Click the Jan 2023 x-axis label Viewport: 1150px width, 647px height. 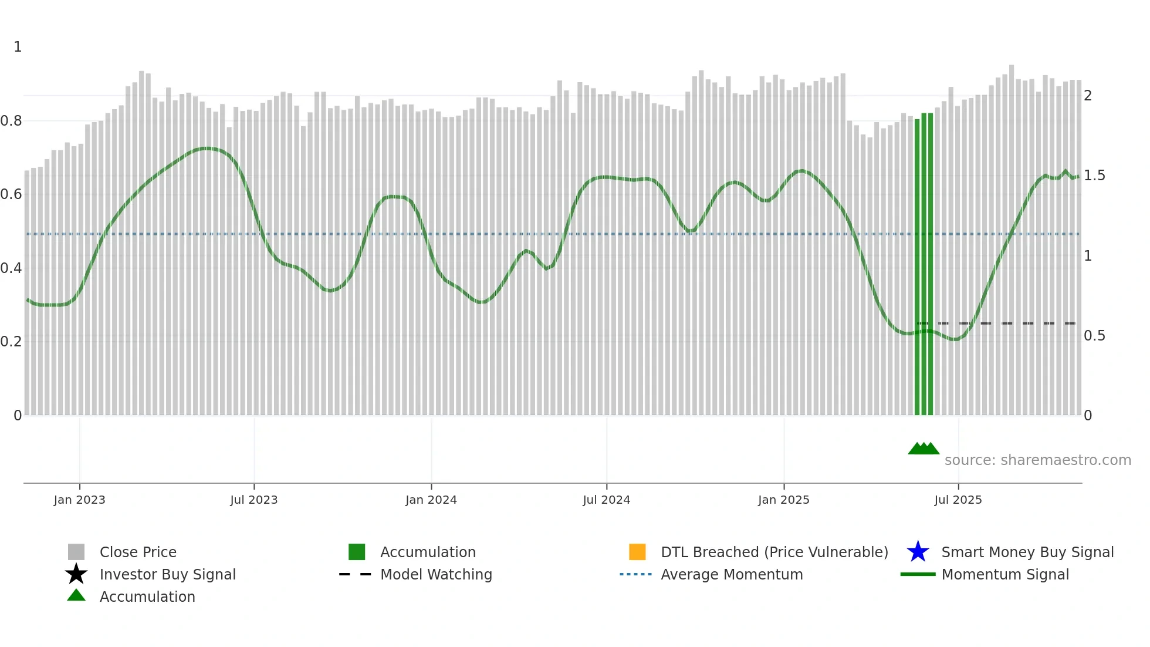(x=79, y=500)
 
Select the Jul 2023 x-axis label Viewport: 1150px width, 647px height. (x=253, y=500)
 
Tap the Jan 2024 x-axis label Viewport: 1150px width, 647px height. (x=431, y=500)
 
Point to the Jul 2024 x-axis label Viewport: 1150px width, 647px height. (x=606, y=500)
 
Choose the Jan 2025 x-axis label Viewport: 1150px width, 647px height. (x=783, y=500)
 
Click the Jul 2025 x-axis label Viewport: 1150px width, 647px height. (x=958, y=500)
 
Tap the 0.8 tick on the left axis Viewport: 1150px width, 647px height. (x=11, y=121)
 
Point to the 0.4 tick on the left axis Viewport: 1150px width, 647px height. (x=11, y=268)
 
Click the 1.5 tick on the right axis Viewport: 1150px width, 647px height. (x=1094, y=176)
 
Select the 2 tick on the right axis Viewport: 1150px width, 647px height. (x=1088, y=96)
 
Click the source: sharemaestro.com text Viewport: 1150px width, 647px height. (x=1037, y=460)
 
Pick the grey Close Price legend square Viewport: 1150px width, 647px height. (x=76, y=552)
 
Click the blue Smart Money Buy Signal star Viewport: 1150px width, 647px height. (x=918, y=552)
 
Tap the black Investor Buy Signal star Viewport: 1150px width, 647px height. (x=76, y=574)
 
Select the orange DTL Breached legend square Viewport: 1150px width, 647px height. (x=637, y=552)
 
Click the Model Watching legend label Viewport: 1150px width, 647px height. (x=436, y=574)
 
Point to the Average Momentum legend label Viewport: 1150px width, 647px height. (x=732, y=574)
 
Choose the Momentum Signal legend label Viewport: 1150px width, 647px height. (x=1005, y=574)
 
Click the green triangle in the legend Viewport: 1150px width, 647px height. (x=76, y=595)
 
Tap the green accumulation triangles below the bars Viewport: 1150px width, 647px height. (x=924, y=449)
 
